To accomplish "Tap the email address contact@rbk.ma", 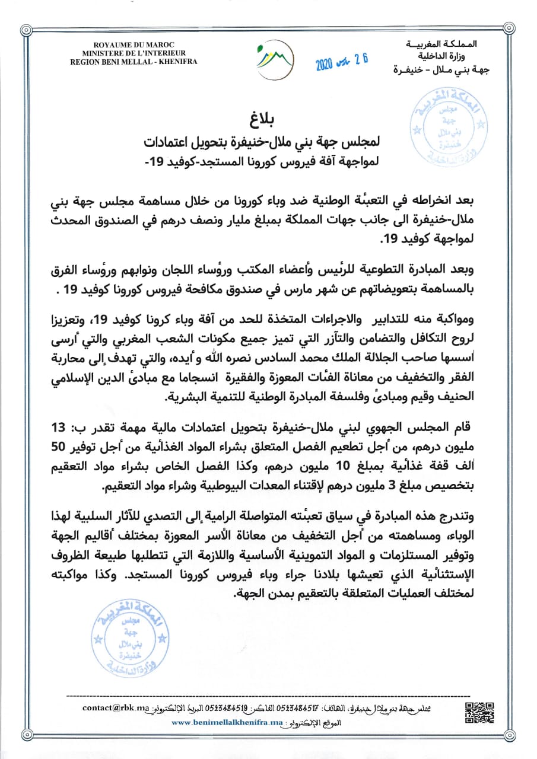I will [x=116, y=707].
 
